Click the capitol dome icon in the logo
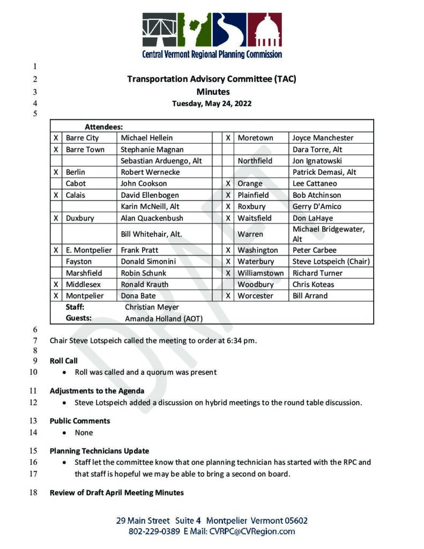point(264,30)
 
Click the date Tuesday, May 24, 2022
point(212,103)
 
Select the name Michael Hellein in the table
point(146,138)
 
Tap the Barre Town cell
point(85,150)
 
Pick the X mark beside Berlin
point(56,172)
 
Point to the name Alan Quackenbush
point(152,218)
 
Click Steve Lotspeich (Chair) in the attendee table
point(331,262)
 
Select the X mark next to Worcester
point(228,296)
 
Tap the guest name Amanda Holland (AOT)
point(163,318)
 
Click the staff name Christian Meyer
point(152,307)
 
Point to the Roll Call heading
point(64,361)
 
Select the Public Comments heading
point(80,421)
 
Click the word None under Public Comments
point(84,433)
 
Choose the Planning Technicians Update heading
point(99,451)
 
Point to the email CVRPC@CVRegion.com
point(251,532)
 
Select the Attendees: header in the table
point(104,127)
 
